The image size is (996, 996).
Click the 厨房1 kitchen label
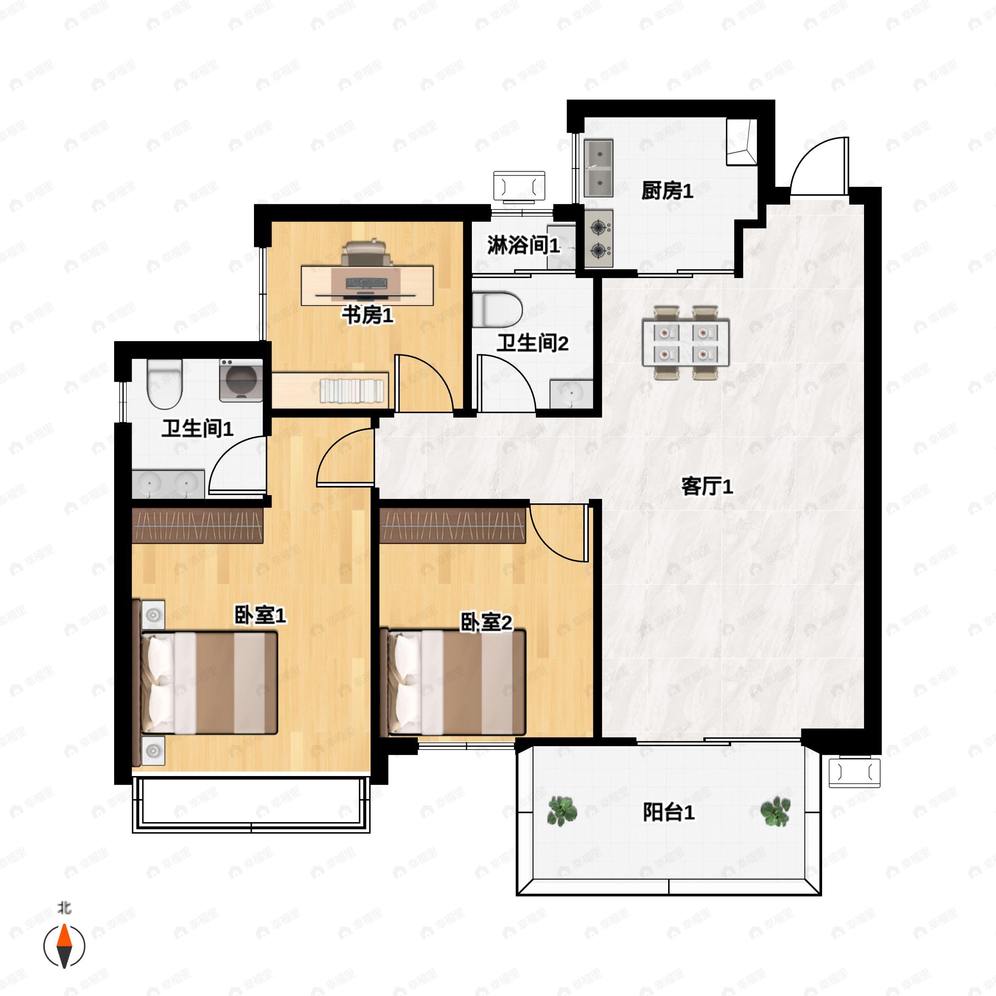(667, 191)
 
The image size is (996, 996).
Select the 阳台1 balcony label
(668, 813)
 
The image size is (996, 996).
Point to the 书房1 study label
(368, 315)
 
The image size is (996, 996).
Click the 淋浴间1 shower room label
(523, 245)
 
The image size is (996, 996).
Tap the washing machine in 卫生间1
(241, 380)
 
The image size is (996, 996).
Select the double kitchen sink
(598, 168)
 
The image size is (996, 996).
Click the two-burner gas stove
(598, 238)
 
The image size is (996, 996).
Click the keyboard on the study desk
(366, 283)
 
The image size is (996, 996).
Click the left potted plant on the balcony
(562, 810)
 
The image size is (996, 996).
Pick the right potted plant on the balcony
(775, 810)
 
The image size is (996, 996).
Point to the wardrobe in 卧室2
(452, 526)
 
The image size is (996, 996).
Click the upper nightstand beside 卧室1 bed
(153, 615)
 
